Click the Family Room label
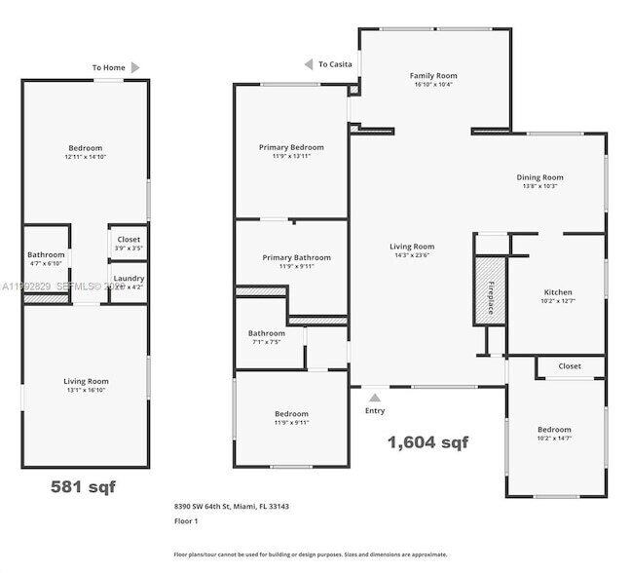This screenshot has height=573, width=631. (432, 76)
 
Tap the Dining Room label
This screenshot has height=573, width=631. (539, 177)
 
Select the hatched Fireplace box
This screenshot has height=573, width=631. (489, 289)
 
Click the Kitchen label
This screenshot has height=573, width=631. (558, 292)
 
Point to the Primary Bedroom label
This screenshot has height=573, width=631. (291, 147)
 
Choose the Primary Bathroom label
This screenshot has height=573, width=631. (296, 257)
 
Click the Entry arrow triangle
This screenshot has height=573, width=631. (375, 397)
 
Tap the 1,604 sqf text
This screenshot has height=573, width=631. (427, 442)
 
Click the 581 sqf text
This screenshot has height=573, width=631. (83, 486)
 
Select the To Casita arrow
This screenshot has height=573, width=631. (310, 64)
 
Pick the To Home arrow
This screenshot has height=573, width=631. (135, 67)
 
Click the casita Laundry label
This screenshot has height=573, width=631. (129, 279)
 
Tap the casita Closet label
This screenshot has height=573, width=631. (129, 239)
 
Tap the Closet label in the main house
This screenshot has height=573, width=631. (570, 366)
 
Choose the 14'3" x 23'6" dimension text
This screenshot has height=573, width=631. (412, 255)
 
